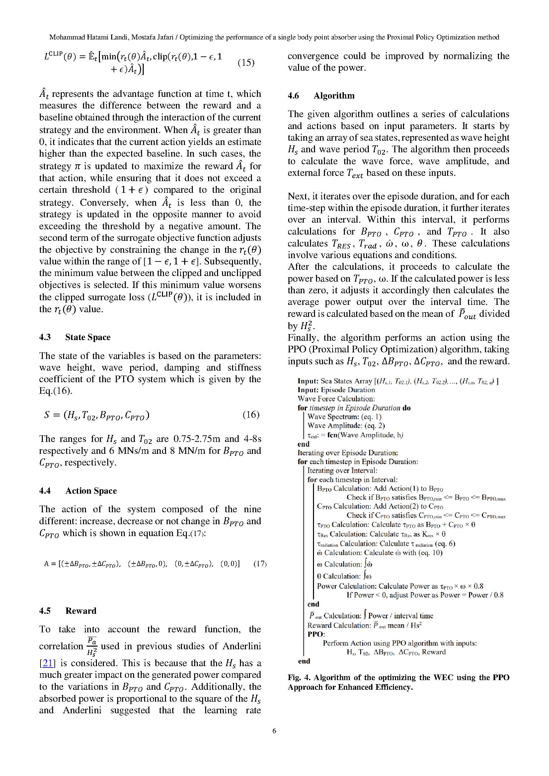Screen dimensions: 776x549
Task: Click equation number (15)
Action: click(x=246, y=62)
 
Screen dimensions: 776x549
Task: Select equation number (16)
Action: click(x=251, y=415)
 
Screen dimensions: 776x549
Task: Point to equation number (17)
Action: click(x=260, y=564)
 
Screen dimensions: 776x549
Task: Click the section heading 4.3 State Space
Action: click(x=75, y=337)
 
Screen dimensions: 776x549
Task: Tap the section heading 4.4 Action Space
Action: click(x=78, y=491)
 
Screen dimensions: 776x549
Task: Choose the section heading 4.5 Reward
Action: click(x=68, y=611)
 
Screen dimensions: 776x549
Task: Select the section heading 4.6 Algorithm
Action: click(x=321, y=96)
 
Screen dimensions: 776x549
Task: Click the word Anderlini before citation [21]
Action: click(x=241, y=646)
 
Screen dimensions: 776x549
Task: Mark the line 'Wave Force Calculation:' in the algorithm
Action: click(x=336, y=399)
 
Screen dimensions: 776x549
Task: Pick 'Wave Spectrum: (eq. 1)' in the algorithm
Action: click(x=344, y=417)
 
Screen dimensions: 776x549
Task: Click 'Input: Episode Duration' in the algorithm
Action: click(x=336, y=390)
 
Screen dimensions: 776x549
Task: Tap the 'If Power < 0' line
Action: click(x=425, y=595)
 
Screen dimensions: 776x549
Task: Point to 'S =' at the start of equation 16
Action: click(x=51, y=415)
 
